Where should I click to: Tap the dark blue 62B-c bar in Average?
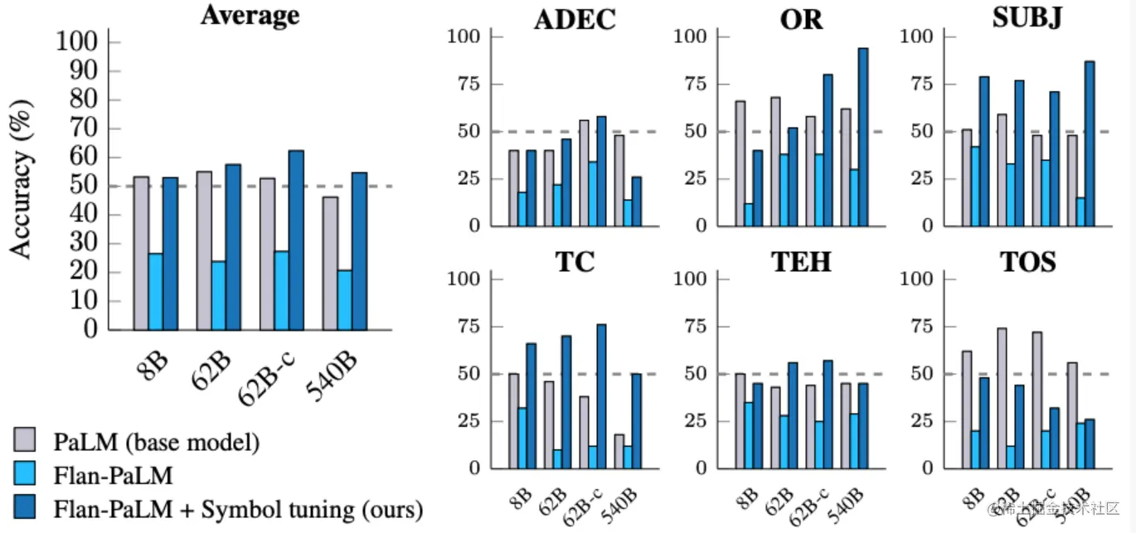tap(296, 240)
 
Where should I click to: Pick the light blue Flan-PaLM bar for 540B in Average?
tap(344, 299)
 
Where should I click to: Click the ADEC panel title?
tap(575, 20)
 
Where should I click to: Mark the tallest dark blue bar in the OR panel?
tap(862, 137)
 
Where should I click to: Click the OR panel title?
tap(801, 20)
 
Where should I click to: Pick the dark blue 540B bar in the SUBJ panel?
tap(1089, 143)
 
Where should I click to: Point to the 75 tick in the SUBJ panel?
tap(922, 84)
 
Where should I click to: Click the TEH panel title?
tap(801, 262)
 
